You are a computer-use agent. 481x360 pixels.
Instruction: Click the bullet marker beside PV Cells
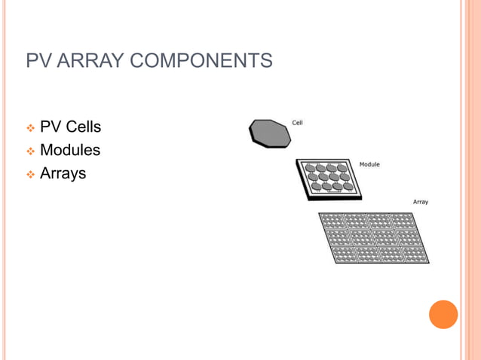pyautogui.click(x=31, y=128)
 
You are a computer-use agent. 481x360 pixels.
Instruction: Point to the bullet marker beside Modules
pyautogui.click(x=31, y=151)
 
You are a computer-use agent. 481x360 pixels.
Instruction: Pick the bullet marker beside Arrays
pyautogui.click(x=31, y=175)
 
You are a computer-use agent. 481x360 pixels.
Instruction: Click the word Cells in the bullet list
pyautogui.click(x=84, y=127)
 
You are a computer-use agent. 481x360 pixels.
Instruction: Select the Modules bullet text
pyautogui.click(x=70, y=151)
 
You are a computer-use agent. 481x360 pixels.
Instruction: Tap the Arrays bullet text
pyautogui.click(x=63, y=174)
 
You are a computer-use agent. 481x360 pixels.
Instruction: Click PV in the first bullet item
pyautogui.click(x=51, y=127)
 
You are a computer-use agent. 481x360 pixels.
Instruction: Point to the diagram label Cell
pyautogui.click(x=298, y=123)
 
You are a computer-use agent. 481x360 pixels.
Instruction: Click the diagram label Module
pyautogui.click(x=369, y=164)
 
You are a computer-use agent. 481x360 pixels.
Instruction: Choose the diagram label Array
pyautogui.click(x=421, y=202)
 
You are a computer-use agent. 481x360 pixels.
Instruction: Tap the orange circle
pyautogui.click(x=443, y=314)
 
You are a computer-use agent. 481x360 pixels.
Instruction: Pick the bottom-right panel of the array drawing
pyautogui.click(x=415, y=254)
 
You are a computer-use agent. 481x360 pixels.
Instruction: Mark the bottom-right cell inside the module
pyautogui.click(x=348, y=187)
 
